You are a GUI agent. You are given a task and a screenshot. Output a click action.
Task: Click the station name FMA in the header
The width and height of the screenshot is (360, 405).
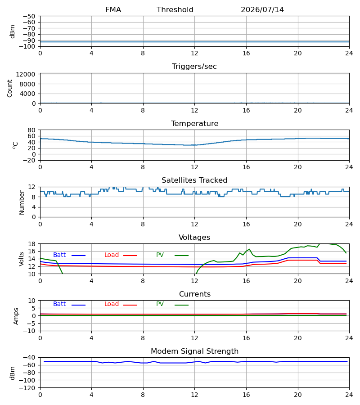click(x=113, y=10)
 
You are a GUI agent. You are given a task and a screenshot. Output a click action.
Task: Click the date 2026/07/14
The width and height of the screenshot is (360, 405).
click(x=262, y=10)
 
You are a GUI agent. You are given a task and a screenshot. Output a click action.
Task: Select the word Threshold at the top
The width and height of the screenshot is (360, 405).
click(x=175, y=10)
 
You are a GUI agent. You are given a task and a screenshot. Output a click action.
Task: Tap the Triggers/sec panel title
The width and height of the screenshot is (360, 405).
click(x=194, y=67)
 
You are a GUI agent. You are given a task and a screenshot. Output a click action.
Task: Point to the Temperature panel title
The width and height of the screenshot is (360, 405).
click(x=194, y=123)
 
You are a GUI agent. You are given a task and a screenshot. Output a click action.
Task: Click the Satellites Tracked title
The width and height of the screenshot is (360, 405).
click(x=194, y=180)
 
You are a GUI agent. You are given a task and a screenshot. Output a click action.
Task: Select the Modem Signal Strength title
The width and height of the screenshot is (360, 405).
click(x=194, y=351)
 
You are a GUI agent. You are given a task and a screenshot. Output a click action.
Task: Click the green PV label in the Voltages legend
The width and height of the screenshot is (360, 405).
click(x=160, y=255)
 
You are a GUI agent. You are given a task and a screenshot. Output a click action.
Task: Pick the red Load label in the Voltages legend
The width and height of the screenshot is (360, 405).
click(x=112, y=255)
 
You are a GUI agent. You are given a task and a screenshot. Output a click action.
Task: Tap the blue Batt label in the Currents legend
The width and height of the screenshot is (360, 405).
click(x=59, y=304)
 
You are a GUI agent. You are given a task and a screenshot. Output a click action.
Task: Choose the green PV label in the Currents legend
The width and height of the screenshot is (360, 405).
click(x=160, y=304)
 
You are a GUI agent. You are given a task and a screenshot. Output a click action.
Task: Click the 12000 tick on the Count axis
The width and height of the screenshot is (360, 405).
click(x=26, y=74)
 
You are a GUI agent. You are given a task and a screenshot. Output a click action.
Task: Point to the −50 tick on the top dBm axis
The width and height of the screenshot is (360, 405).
click(x=29, y=16)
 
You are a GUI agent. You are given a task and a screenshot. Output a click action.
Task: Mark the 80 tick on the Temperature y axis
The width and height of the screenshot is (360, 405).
click(x=31, y=130)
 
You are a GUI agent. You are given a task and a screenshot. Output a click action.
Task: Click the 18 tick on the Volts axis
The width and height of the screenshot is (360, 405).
click(x=31, y=244)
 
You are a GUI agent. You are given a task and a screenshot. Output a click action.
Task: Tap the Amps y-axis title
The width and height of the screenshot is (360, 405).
click(x=16, y=316)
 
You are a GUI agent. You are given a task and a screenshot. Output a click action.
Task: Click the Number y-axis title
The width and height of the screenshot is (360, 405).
click(x=22, y=203)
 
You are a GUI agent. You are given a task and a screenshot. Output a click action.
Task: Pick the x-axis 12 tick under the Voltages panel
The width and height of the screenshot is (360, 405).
click(x=194, y=281)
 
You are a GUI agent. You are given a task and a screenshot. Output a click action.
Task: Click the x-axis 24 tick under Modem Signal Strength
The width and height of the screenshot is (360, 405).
click(x=349, y=395)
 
